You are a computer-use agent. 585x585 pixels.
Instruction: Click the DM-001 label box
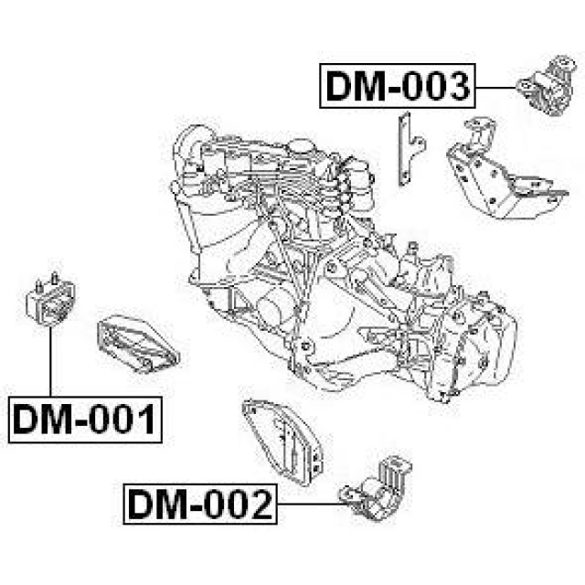(x=85, y=420)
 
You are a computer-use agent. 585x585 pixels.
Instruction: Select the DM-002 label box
(x=200, y=504)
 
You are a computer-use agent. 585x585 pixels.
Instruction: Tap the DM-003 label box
(x=398, y=86)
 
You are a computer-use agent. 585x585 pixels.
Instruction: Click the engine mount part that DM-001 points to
(x=50, y=300)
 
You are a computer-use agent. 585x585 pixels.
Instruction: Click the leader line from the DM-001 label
(x=50, y=362)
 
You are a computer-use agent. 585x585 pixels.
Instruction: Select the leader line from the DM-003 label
(x=496, y=88)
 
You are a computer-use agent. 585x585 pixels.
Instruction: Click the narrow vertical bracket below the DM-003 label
(x=409, y=149)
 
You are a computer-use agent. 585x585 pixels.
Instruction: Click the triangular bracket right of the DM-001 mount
(x=138, y=345)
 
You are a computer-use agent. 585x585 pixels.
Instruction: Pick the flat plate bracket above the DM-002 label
(x=282, y=442)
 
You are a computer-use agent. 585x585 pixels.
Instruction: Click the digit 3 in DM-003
(x=457, y=87)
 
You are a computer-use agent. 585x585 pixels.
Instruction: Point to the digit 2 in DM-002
(x=260, y=505)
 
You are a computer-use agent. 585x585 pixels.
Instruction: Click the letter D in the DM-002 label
(x=140, y=505)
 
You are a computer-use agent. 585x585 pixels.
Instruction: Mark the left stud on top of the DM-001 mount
(x=38, y=284)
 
